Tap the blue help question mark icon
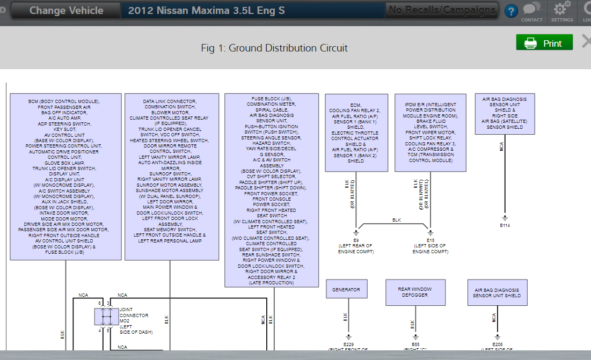pyautogui.click(x=512, y=11)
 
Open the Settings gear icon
pyautogui.click(x=561, y=11)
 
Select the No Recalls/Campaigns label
pyautogui.click(x=442, y=10)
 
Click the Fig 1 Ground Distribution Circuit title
pyautogui.click(x=274, y=48)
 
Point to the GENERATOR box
pyautogui.click(x=346, y=289)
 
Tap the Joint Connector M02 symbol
pyautogui.click(x=106, y=317)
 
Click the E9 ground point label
pyautogui.click(x=356, y=240)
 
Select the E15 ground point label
pyautogui.click(x=430, y=240)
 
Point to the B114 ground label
pyautogui.click(x=505, y=225)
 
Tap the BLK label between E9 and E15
pyautogui.click(x=397, y=220)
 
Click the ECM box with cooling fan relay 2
pyautogui.click(x=356, y=133)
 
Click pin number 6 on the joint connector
pyautogui.click(x=99, y=304)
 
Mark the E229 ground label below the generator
pyautogui.click(x=348, y=344)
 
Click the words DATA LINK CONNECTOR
pyautogui.click(x=169, y=101)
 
